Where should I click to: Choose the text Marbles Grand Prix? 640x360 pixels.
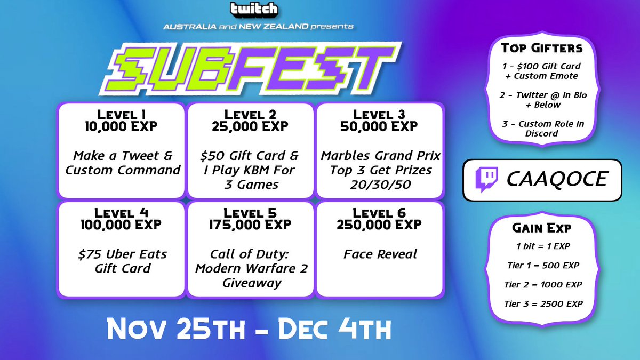tap(380, 156)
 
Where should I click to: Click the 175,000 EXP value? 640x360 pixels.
tap(250, 225)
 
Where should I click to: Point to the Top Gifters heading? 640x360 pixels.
tap(542, 48)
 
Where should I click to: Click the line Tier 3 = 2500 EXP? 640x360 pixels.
tap(542, 303)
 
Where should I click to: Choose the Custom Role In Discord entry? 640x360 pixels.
tap(542, 129)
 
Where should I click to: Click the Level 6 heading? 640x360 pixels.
tap(379, 213)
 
